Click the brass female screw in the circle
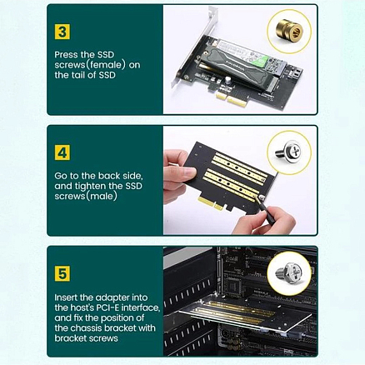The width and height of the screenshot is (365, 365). [x=291, y=32]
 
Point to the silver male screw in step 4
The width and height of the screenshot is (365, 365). [x=291, y=152]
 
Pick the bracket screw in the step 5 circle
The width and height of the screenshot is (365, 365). [x=291, y=273]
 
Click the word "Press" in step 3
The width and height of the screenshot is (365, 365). [x=66, y=52]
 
